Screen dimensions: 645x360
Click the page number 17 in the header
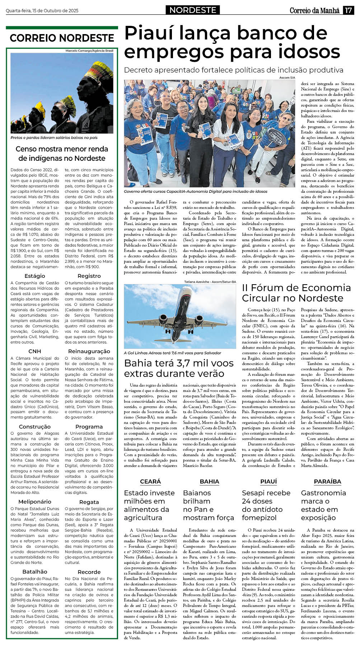click(x=348, y=10)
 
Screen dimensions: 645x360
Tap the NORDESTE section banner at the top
click(x=193, y=10)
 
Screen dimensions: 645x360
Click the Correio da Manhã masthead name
click(x=314, y=10)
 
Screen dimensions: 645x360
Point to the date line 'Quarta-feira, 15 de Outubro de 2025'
click(x=42, y=11)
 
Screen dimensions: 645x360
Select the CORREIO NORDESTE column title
click(x=62, y=38)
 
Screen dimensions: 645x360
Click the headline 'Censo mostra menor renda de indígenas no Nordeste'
click(x=62, y=154)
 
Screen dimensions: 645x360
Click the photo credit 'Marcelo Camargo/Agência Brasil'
click(x=89, y=51)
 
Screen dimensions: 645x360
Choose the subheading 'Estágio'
click(x=35, y=276)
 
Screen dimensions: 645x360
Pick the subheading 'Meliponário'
click(x=35, y=502)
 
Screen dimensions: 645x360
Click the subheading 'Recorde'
click(x=89, y=572)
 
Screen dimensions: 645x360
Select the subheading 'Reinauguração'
click(x=89, y=351)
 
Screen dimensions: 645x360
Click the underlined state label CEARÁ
click(x=150, y=482)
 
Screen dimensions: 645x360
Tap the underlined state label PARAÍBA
click(x=327, y=482)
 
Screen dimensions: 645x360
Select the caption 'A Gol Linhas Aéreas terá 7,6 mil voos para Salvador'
click(x=172, y=353)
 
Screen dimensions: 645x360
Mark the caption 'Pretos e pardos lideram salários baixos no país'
click(x=54, y=137)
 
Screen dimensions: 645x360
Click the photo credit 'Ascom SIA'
click(x=287, y=78)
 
